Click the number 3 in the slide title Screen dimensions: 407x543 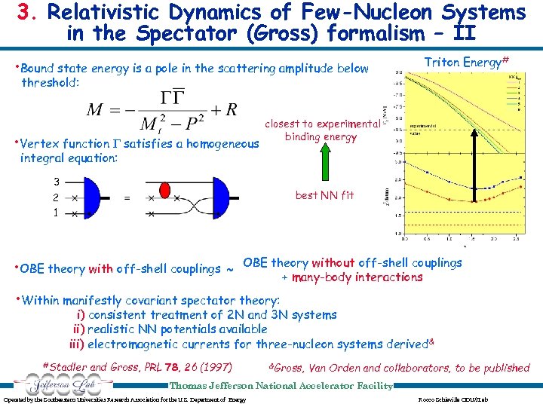pos(25,12)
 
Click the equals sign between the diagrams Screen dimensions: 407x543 pos(127,198)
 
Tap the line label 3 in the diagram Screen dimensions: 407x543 pos(56,182)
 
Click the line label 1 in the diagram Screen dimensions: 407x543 pos(56,213)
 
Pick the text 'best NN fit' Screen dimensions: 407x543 pos(324,195)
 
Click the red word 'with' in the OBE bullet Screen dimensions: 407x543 pos(101,269)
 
